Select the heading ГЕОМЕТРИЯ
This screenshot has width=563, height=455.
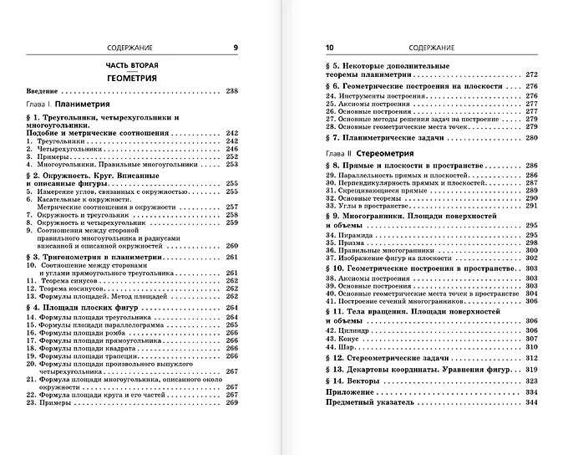click(x=132, y=77)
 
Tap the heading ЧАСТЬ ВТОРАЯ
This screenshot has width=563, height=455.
click(x=132, y=64)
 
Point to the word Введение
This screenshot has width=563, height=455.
click(x=41, y=90)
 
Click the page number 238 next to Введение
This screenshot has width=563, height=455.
click(x=231, y=90)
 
